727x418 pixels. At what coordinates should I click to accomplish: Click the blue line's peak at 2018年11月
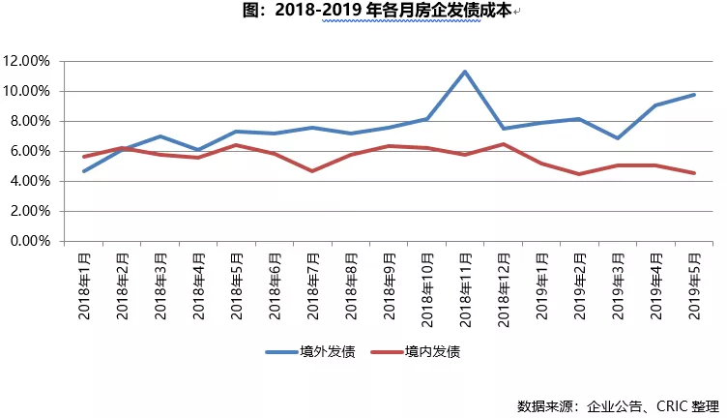[465, 72]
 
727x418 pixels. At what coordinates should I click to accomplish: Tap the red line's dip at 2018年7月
[313, 171]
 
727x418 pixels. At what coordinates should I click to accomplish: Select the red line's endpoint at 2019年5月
[692, 173]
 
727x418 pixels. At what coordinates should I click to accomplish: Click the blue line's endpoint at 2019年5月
[692, 94]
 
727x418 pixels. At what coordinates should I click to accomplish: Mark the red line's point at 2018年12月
[503, 144]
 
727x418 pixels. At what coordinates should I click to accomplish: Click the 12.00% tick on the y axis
[28, 61]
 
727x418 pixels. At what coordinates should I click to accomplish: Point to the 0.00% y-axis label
[31, 241]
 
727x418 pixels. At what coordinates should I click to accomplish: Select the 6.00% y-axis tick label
[31, 151]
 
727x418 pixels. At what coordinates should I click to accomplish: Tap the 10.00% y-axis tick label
[28, 91]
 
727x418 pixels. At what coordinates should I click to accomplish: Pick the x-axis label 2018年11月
[465, 285]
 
